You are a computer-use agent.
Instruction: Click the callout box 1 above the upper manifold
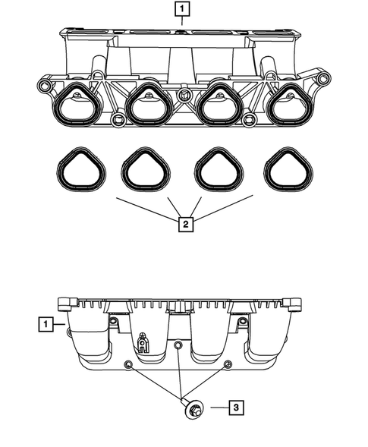(183, 10)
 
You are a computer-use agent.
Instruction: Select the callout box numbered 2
(183, 225)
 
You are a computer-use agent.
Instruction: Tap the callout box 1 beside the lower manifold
(47, 325)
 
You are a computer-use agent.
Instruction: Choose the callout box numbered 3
(237, 409)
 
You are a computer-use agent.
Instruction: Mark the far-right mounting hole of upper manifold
(325, 79)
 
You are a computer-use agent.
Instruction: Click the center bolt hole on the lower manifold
(177, 346)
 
